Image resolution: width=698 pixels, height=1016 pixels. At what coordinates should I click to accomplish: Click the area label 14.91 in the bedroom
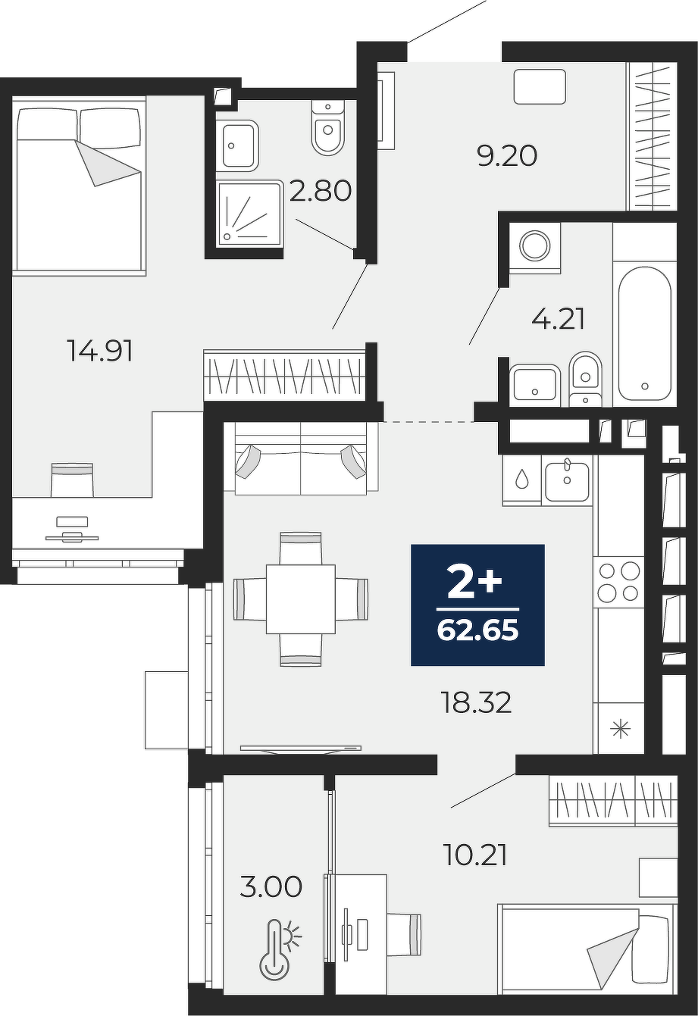[100, 351]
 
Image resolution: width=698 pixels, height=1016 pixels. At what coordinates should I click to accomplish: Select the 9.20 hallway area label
[507, 157]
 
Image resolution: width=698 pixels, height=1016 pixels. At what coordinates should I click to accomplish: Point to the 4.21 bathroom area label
[558, 319]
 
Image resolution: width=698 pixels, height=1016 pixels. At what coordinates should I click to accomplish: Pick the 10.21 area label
[475, 855]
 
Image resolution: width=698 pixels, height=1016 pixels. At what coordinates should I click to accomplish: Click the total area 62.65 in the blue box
[477, 630]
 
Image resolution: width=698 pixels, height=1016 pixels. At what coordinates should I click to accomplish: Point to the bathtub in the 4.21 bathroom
[644, 333]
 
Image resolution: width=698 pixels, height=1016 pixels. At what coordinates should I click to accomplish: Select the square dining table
[300, 599]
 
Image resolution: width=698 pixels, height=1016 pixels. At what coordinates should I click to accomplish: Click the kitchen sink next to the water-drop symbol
[567, 482]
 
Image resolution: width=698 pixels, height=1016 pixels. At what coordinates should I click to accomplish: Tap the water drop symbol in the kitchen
[522, 478]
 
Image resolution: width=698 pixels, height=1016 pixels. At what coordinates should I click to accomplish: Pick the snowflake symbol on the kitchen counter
[620, 730]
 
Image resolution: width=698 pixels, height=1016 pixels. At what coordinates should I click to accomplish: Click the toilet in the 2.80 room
[327, 128]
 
